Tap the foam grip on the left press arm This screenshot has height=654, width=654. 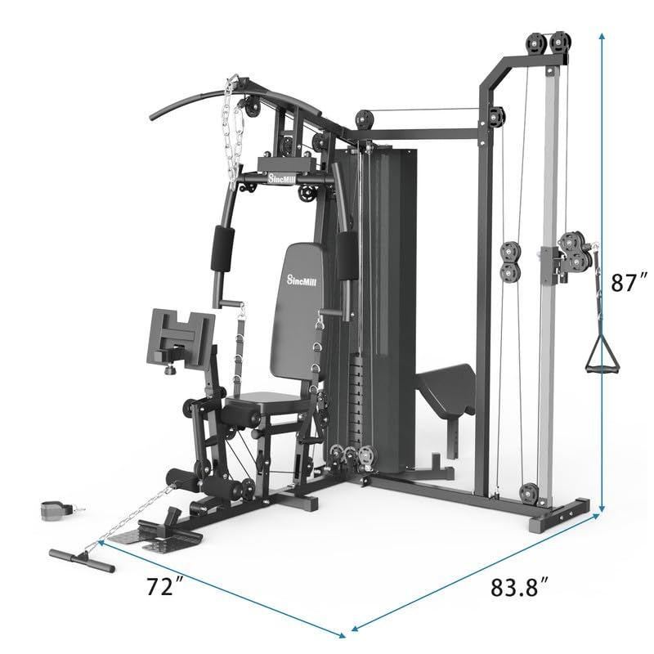(223, 249)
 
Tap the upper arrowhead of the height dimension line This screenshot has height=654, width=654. (602, 37)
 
